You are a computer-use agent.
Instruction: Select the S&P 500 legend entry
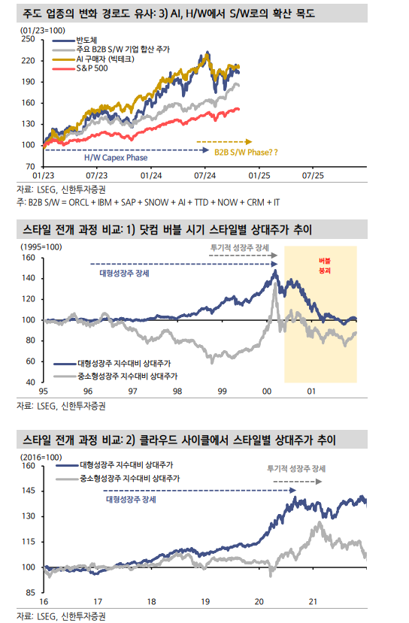coord(92,68)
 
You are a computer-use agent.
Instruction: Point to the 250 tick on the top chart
coord(30,38)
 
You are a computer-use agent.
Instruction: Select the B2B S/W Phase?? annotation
coord(245,152)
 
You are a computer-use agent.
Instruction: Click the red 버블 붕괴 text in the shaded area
coord(325,263)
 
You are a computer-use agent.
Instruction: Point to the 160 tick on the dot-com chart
coord(30,257)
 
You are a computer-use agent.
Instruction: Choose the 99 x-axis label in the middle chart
coord(223,391)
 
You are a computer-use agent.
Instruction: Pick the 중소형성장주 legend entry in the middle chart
coord(122,374)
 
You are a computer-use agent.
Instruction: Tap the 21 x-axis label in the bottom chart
coord(315,601)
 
